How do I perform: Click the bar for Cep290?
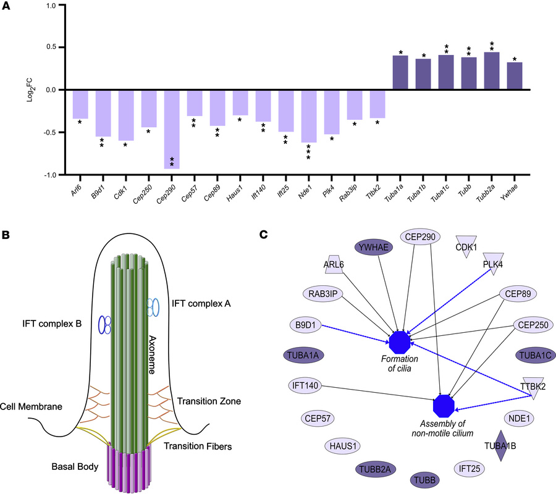171,128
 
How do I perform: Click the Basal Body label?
74,467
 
